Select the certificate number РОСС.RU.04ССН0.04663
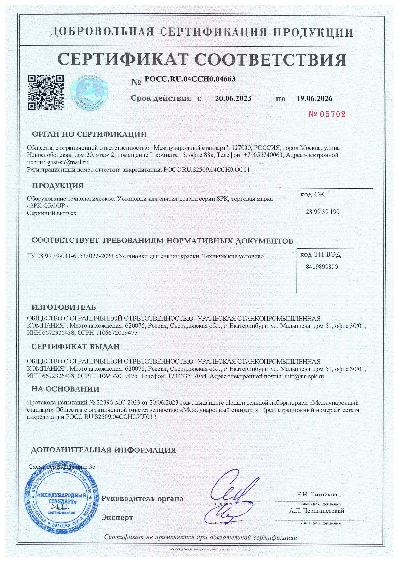point(190,79)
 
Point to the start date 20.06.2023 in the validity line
point(233,98)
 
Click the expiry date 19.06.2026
point(314,98)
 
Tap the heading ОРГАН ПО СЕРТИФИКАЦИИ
point(89,134)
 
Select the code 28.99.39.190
point(322,212)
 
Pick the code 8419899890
point(321,267)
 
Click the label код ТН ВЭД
point(320,255)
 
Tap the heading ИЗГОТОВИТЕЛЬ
point(63,307)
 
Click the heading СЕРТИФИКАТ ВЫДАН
point(75,347)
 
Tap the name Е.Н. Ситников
point(317,495)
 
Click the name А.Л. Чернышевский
point(317,511)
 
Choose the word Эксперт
point(117,518)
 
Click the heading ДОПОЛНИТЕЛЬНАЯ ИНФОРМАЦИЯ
point(103,450)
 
